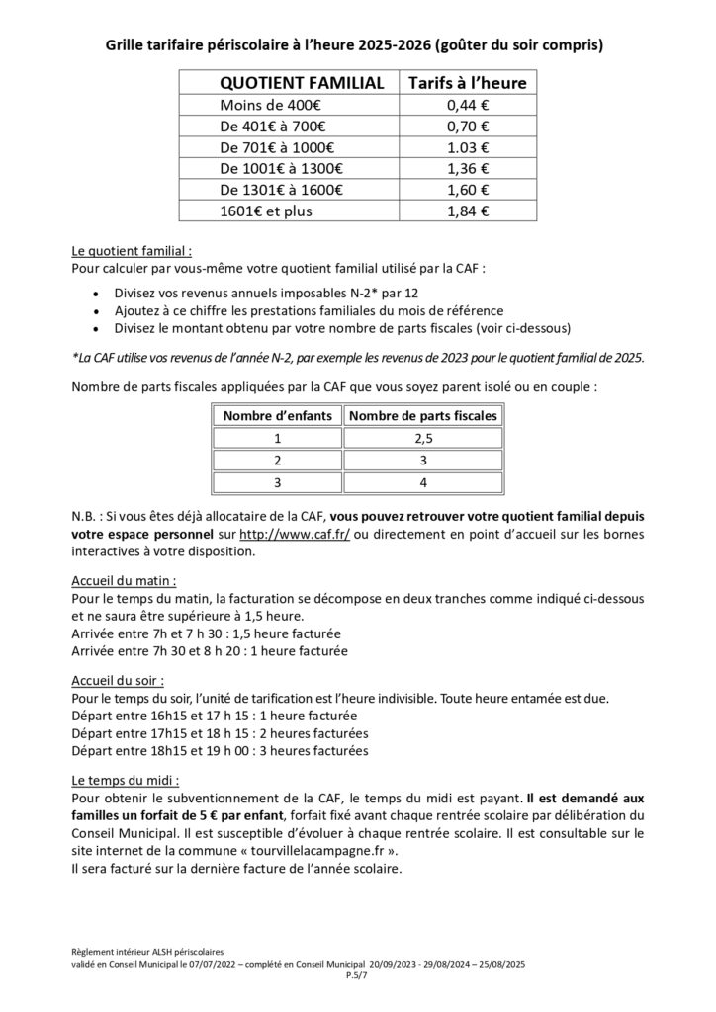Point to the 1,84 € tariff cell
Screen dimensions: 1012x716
point(467,210)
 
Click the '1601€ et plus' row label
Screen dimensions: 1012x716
point(259,210)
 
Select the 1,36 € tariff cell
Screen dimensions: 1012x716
point(467,168)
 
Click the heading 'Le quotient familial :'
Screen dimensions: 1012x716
point(133,251)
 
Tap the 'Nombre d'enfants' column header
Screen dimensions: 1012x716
point(278,415)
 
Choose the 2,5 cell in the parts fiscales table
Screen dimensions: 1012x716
point(423,437)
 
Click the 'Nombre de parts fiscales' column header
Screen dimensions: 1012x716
point(423,415)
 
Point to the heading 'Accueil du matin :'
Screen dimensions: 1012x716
point(125,582)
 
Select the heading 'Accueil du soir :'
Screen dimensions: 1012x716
point(119,682)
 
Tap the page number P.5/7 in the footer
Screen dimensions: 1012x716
point(357,974)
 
